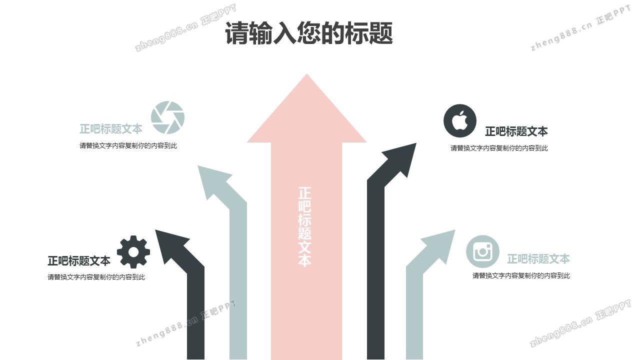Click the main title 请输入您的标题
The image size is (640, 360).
click(x=308, y=33)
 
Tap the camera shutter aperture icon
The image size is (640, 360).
click(x=167, y=117)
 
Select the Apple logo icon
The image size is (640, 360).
click(x=460, y=120)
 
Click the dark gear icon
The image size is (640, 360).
click(x=133, y=251)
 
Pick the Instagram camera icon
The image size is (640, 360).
click(x=482, y=251)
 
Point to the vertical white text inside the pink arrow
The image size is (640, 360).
click(x=304, y=226)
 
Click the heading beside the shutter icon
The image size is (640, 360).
click(x=111, y=129)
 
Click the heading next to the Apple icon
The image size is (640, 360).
click(x=516, y=131)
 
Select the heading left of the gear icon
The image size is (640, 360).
click(x=79, y=261)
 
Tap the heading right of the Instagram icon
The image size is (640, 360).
click(x=538, y=259)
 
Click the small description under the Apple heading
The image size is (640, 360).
click(x=499, y=148)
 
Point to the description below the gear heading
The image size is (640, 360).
click(x=96, y=277)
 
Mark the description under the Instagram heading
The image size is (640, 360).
click(x=521, y=275)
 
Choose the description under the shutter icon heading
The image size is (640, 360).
click(x=128, y=146)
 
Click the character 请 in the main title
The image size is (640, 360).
click(x=236, y=34)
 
